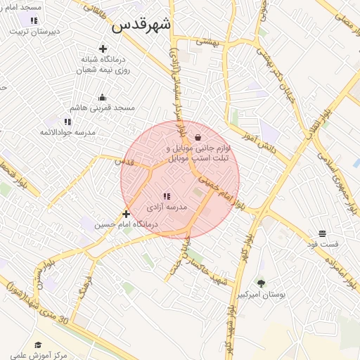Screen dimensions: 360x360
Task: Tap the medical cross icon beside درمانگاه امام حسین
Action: point(126,214)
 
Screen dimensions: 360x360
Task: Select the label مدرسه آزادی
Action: point(167,208)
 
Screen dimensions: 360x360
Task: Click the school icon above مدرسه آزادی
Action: point(167,197)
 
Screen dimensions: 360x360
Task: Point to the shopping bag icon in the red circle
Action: point(198,137)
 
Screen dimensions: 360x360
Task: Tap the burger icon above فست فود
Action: point(322,233)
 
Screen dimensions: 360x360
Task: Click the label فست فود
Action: point(322,244)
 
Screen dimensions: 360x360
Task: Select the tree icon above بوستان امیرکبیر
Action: point(262,283)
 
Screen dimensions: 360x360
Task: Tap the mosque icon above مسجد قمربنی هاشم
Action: point(103,97)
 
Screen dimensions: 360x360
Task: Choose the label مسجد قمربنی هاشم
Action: point(103,108)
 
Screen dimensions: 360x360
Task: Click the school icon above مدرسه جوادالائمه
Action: point(67,122)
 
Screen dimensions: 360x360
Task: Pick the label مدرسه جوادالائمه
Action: point(67,132)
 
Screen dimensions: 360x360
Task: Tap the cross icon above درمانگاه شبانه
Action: point(103,49)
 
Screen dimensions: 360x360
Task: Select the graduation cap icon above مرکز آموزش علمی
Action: point(38,345)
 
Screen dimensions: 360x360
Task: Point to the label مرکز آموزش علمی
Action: point(38,355)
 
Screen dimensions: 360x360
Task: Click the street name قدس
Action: point(125,161)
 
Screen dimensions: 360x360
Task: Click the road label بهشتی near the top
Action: point(207,41)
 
